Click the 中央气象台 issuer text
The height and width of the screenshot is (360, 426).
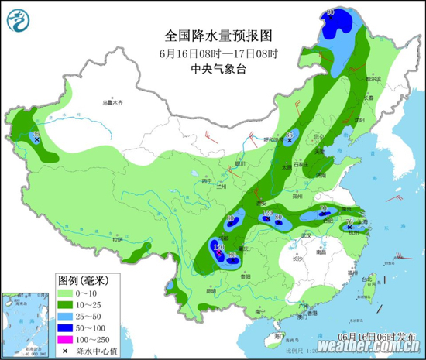[218, 68]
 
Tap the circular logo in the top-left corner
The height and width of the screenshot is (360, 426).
[21, 21]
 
